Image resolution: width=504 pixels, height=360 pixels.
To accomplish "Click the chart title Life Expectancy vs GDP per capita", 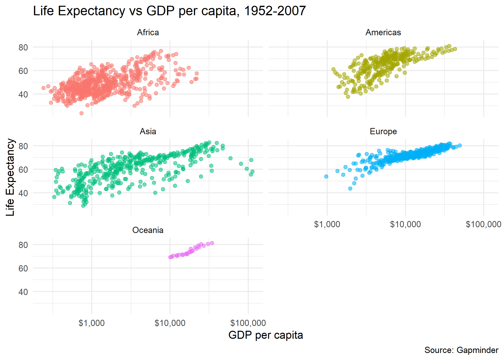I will pos(169,11).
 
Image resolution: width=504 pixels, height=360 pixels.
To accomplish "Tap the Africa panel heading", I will pos(148,32).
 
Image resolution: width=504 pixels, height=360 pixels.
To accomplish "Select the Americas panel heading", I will pos(383,32).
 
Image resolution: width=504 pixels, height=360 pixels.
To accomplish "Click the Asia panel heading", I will pos(148,131).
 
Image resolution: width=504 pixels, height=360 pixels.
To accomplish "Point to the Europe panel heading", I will pos(383,131).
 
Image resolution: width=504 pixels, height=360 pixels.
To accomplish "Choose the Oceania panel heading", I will pos(148,230).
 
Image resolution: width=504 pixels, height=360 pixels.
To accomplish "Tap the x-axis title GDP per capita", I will pos(265,335).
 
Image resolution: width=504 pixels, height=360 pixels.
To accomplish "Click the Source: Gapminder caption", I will pos(461,350).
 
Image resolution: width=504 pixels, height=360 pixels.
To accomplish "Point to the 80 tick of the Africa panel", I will pos(23,47).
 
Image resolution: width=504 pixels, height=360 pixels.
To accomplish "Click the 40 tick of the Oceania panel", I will pos(23,292).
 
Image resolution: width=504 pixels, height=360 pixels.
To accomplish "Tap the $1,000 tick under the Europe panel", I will pos(327,224).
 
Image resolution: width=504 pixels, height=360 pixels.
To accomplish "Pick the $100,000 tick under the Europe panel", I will pos(483,224).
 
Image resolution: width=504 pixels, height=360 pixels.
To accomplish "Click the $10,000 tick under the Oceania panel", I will pos(170,323).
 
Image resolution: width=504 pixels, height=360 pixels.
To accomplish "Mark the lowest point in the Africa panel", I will pos(81,113).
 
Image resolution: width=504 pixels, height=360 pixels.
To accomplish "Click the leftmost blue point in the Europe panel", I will pos(326,176).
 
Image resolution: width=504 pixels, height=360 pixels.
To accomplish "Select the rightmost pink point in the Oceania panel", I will pos(212,243).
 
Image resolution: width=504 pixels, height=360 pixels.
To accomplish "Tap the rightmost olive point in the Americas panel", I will pos(455,49).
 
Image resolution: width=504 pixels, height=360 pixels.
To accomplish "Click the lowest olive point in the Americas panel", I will pos(348,97).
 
